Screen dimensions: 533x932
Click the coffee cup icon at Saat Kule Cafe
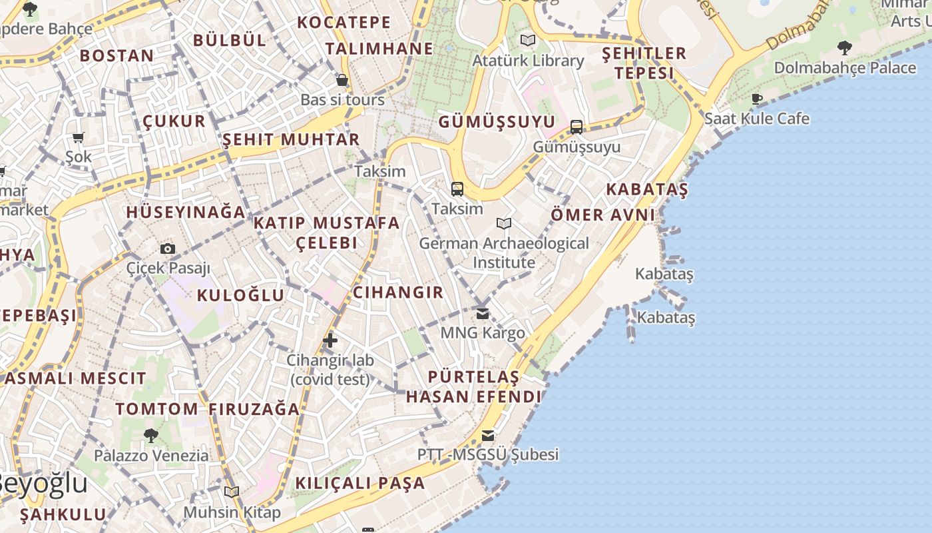757,99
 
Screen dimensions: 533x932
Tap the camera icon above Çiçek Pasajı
168,249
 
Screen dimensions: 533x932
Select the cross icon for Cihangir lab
330,340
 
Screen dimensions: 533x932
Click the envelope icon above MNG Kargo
483,313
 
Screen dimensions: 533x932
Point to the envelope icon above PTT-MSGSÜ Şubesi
488,436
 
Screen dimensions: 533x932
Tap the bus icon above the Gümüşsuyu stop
577,127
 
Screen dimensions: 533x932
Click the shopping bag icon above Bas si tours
342,80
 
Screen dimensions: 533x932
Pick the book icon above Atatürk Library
528,40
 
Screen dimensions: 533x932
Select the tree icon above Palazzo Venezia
151,436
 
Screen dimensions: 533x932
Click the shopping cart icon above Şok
79,138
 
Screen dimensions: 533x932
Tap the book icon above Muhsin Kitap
232,492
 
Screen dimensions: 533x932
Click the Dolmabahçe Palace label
845,68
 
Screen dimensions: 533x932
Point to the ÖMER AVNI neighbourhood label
603,215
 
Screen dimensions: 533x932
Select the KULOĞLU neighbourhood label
241,295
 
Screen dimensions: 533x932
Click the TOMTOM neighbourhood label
157,409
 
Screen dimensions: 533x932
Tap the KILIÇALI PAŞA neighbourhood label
360,483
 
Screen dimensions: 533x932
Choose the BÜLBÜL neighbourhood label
230,40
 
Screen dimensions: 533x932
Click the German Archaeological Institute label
504,253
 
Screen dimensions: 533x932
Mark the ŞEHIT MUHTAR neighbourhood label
291,140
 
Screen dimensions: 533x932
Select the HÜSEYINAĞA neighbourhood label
186,213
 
